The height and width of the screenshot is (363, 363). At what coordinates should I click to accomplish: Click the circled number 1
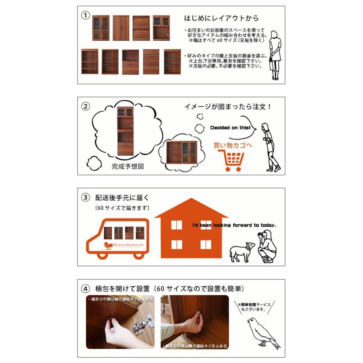click(85, 15)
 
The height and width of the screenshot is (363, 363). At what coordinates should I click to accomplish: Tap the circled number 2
click(85, 106)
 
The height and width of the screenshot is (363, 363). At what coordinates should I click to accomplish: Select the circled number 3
click(85, 198)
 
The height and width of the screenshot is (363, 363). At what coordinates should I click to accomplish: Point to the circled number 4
click(85, 289)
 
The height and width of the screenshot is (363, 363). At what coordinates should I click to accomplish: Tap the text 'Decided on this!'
click(230, 128)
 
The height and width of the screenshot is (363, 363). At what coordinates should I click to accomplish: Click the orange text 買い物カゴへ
click(233, 145)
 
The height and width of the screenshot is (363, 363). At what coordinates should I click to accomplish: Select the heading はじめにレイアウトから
click(221, 19)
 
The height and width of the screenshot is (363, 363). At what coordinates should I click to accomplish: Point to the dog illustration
click(242, 252)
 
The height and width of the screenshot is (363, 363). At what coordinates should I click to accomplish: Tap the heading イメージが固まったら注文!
click(227, 107)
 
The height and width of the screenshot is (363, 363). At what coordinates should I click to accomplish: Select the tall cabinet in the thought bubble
click(125, 131)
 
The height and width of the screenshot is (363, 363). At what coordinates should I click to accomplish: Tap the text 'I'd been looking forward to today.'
click(234, 225)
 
